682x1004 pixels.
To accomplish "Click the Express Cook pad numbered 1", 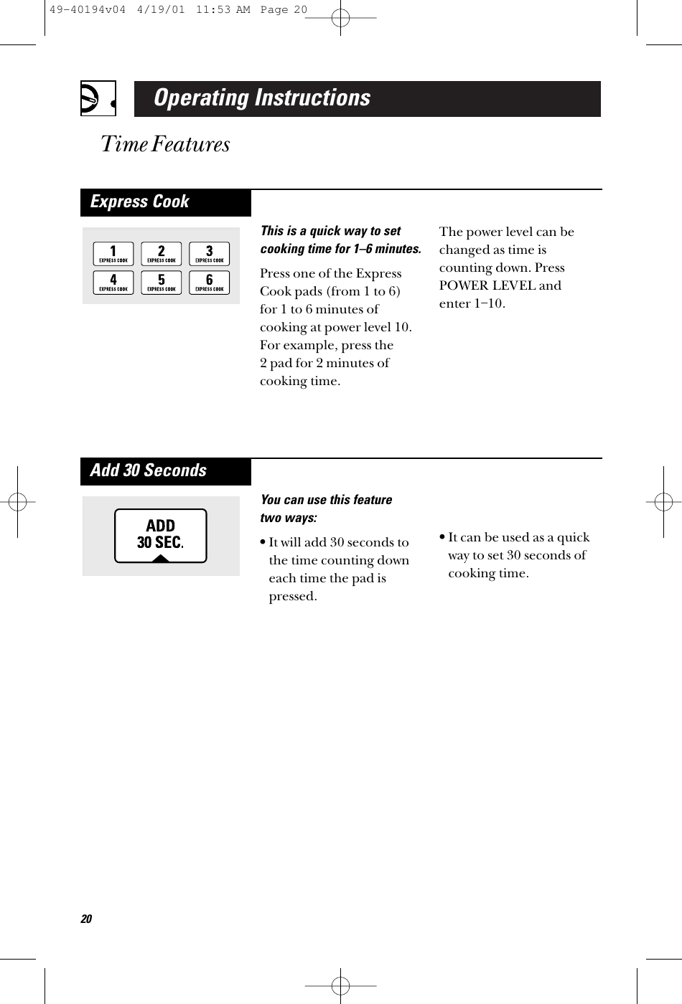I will point(113,254).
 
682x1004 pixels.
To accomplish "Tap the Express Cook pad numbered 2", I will point(162,254).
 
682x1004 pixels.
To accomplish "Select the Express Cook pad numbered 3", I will point(210,254).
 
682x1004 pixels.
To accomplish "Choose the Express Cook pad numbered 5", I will point(162,283).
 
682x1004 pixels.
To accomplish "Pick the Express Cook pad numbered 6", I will point(210,283).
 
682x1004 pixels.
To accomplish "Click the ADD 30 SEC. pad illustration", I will point(161,536).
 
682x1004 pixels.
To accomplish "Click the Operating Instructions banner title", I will point(262,98).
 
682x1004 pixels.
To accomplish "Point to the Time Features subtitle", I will point(166,145).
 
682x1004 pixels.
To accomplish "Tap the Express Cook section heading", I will point(140,202).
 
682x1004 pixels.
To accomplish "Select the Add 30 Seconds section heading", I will point(149,471).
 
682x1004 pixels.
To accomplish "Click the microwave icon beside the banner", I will point(96,99).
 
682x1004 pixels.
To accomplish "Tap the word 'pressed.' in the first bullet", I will point(293,597).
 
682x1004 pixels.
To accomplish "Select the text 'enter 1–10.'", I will point(472,303).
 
